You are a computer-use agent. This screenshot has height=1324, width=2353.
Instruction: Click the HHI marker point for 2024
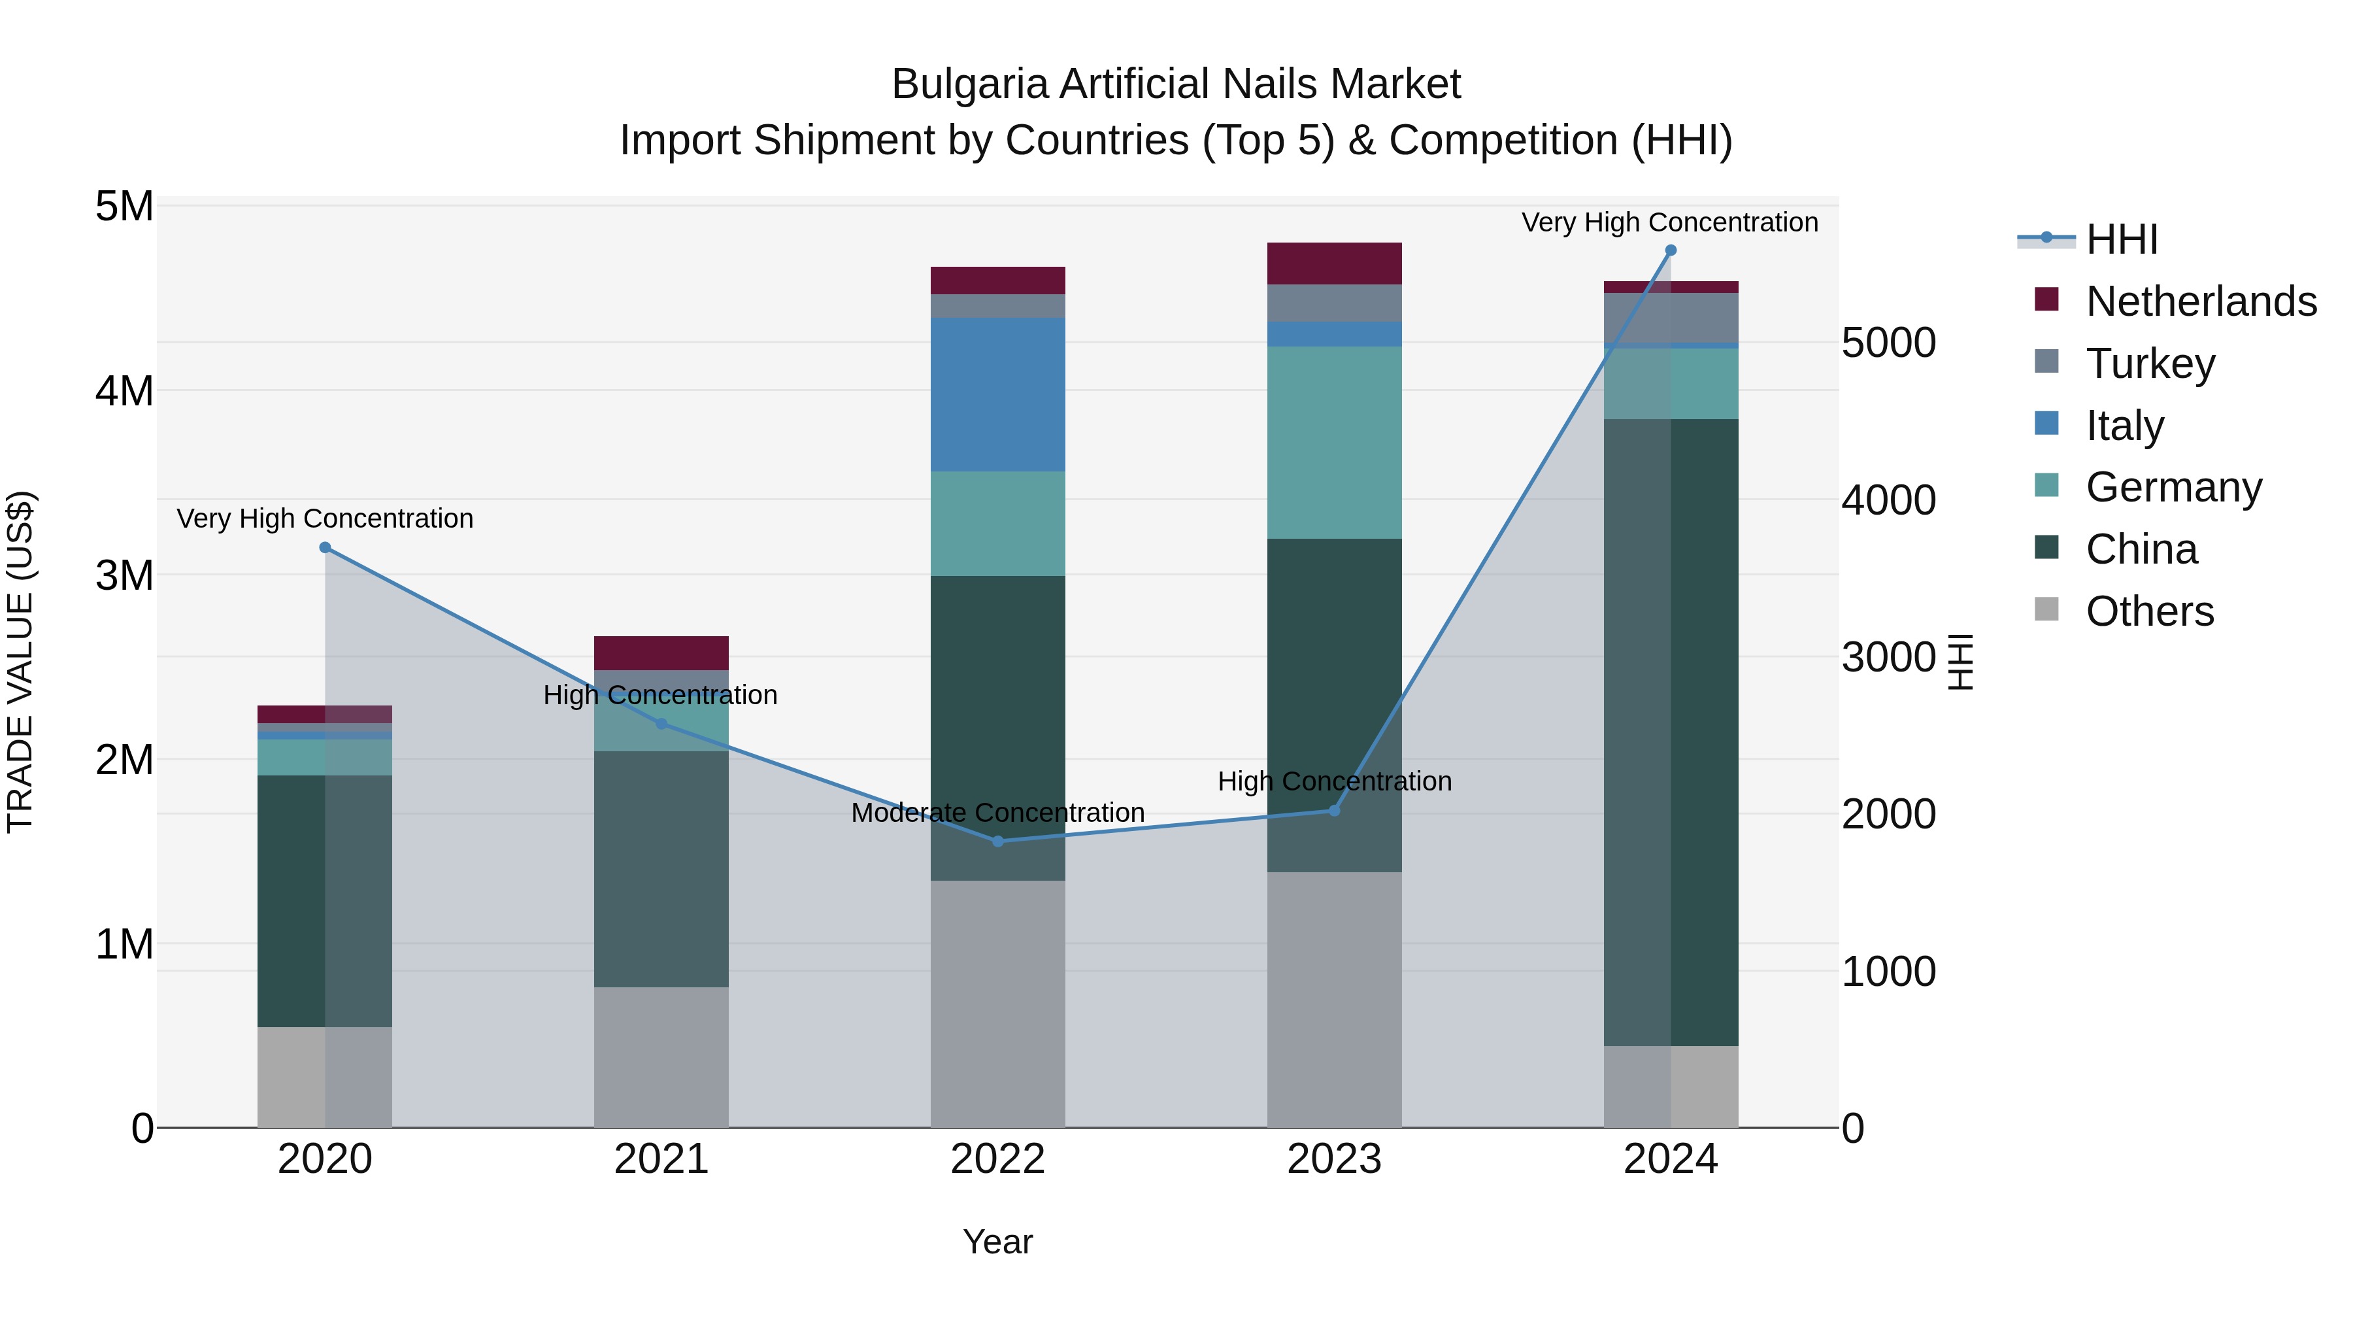[x=1671, y=250]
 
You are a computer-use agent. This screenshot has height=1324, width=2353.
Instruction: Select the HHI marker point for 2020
[x=325, y=547]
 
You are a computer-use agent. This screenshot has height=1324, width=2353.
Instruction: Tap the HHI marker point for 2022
[x=997, y=841]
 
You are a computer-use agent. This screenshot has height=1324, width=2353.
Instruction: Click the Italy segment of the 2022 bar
[x=997, y=395]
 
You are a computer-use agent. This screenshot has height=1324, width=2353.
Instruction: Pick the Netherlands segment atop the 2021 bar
[x=661, y=653]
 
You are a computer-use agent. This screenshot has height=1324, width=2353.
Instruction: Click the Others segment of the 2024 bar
[x=1671, y=1087]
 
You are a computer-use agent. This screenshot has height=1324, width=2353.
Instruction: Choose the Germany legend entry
[x=2173, y=487]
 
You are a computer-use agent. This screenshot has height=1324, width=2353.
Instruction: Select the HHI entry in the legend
[x=2121, y=239]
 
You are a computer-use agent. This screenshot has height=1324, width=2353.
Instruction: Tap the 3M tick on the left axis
[x=124, y=575]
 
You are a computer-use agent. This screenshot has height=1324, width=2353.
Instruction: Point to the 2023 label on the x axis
[x=1333, y=1159]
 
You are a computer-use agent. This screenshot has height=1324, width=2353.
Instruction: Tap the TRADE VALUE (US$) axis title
[x=20, y=662]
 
